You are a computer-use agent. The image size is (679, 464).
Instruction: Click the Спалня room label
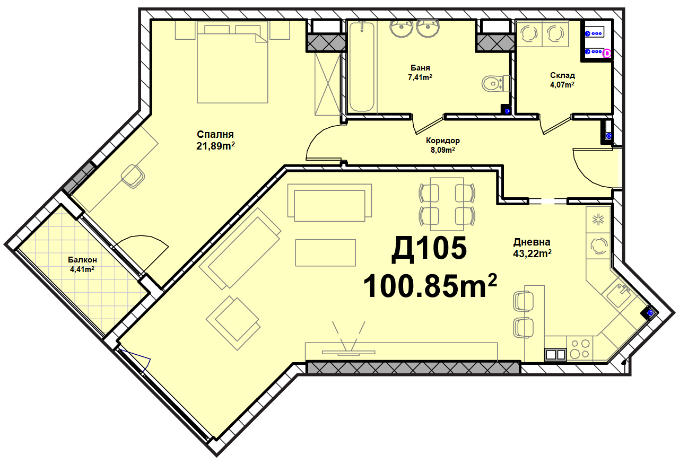tap(215, 134)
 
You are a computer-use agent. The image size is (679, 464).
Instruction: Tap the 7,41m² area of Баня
tap(420, 77)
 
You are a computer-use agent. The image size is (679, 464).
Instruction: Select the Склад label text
tap(563, 75)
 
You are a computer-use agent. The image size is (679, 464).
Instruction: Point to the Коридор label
tap(443, 141)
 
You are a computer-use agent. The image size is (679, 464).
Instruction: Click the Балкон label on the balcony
tap(82, 260)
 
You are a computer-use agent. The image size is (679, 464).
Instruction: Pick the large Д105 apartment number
tap(429, 249)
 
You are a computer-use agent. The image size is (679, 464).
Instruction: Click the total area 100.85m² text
tap(430, 286)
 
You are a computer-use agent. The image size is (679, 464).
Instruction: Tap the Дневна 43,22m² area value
tap(532, 253)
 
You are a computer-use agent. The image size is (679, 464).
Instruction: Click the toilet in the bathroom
tap(495, 83)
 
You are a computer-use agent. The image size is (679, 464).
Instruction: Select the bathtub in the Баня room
tap(362, 67)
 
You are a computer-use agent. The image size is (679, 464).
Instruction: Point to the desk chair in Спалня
tap(133, 176)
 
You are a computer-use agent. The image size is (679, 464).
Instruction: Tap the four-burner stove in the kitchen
tap(580, 348)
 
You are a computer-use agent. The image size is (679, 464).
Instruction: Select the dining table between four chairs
tap(447, 204)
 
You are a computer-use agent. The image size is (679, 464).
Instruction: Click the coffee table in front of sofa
tap(325, 253)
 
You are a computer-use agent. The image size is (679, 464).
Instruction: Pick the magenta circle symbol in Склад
tap(607, 54)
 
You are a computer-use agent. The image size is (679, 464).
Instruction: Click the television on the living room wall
tap(349, 352)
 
